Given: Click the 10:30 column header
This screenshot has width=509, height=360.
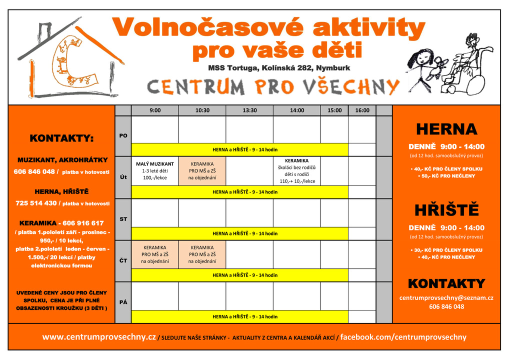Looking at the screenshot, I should pos(202,110).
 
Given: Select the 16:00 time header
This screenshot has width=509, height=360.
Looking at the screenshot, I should pos(362,110).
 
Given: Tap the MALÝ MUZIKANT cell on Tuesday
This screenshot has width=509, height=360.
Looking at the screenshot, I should pos(155,170).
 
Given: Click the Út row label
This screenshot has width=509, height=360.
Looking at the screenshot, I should pos(123,177).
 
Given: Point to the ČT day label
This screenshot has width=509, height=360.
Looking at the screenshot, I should pos(123,260).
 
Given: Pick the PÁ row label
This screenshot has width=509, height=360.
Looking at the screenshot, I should pos(123,302).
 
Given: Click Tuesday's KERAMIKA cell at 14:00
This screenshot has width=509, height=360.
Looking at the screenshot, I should pos(296,170).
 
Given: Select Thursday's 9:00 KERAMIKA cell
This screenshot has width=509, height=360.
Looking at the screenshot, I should pos(155,254).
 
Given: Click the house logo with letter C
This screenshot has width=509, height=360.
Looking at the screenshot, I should pos(70,60).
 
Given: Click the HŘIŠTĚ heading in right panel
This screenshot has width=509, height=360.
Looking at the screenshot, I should pos(446,210).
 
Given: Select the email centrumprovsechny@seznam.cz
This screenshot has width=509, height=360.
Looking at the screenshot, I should pos(446,297).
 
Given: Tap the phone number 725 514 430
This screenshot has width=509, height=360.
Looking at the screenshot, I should pos(36,203).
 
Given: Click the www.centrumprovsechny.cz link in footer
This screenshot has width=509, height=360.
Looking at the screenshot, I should pos(99,337).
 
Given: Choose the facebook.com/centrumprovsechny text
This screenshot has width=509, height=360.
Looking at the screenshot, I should pos(403,337).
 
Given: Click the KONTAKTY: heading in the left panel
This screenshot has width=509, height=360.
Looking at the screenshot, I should pos(61,138).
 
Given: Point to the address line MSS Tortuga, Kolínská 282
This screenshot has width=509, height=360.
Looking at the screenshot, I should pos(279,68).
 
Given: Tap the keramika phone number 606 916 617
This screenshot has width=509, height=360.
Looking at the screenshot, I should pos(83,223).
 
